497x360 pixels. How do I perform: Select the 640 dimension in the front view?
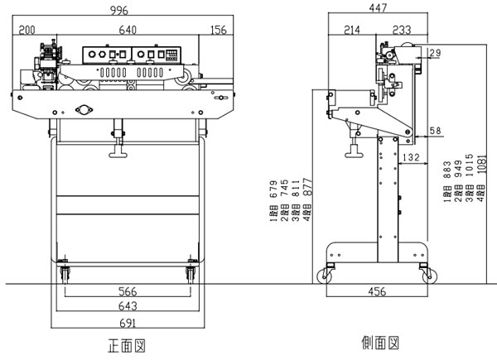click(127, 30)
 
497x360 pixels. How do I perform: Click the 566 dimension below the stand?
click(126, 292)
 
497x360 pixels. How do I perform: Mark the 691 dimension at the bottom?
click(126, 322)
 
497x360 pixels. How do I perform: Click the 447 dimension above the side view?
click(379, 10)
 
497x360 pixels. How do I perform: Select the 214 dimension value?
click(351, 30)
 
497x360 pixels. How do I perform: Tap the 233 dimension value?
click(402, 30)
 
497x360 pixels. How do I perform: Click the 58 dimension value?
click(435, 132)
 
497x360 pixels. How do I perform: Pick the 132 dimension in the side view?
click(409, 157)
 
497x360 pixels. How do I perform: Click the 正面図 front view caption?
click(130, 343)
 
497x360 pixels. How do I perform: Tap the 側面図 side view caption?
click(381, 342)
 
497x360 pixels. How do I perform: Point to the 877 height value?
click(307, 192)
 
